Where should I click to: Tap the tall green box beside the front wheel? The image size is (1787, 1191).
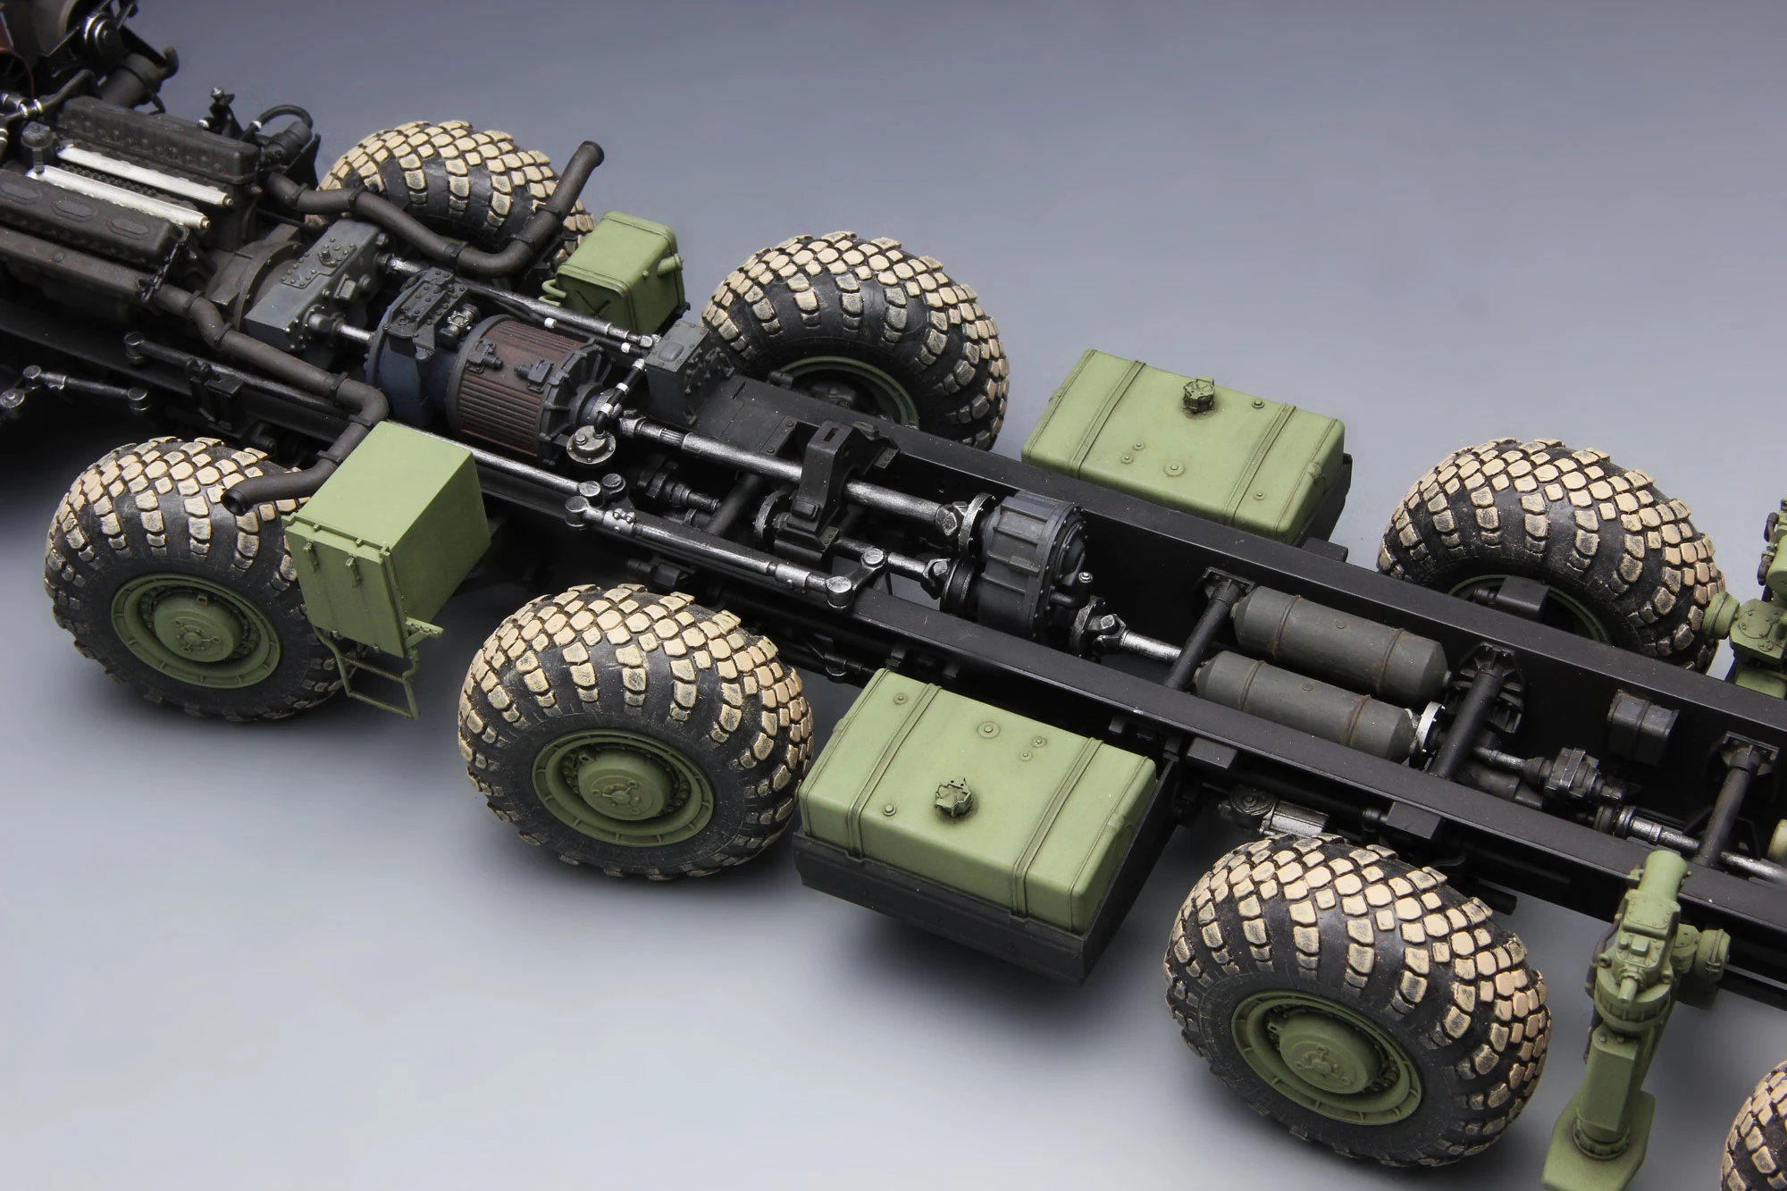coord(386,527)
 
